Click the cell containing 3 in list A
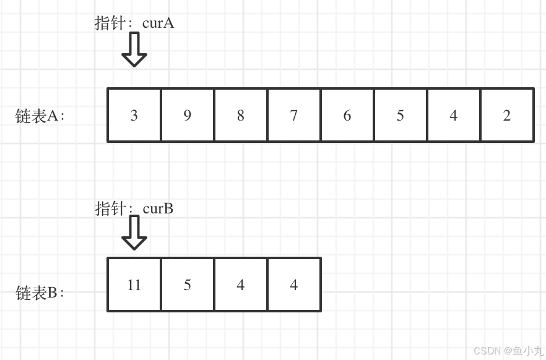134,116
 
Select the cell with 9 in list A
188,116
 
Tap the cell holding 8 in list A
241,116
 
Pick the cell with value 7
294,116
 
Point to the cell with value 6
347,116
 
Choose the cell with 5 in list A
401,116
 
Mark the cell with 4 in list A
454,116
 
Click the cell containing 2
507,116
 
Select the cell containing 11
134,285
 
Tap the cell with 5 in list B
188,285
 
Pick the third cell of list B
241,285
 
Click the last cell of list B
294,285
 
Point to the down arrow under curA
134,49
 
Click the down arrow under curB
134,233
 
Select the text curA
158,24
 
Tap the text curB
158,208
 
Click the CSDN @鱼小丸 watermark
508,351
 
